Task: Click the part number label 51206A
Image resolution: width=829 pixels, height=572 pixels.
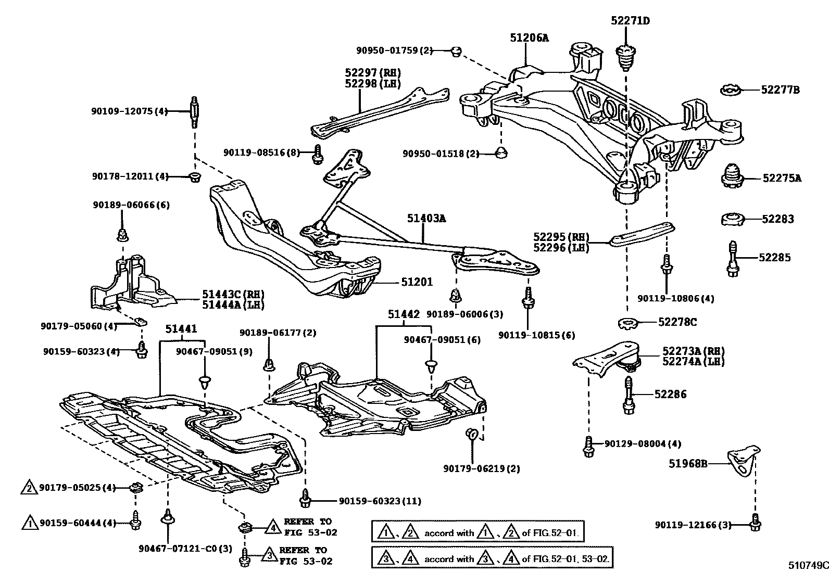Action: (529, 37)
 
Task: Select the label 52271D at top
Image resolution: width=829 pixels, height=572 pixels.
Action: (630, 21)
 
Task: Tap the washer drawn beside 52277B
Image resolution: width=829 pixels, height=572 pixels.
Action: (731, 91)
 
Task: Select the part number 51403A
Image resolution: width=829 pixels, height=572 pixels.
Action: (426, 219)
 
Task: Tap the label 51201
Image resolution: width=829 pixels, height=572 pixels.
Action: (417, 282)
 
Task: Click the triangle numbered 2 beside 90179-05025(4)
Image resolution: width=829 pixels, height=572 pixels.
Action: (29, 488)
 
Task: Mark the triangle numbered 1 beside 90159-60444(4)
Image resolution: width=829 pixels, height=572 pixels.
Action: (30, 523)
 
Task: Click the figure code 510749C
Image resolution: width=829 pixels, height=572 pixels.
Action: (808, 565)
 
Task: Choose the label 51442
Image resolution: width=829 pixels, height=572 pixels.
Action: (403, 314)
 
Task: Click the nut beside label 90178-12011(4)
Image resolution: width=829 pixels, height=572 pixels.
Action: (194, 177)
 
